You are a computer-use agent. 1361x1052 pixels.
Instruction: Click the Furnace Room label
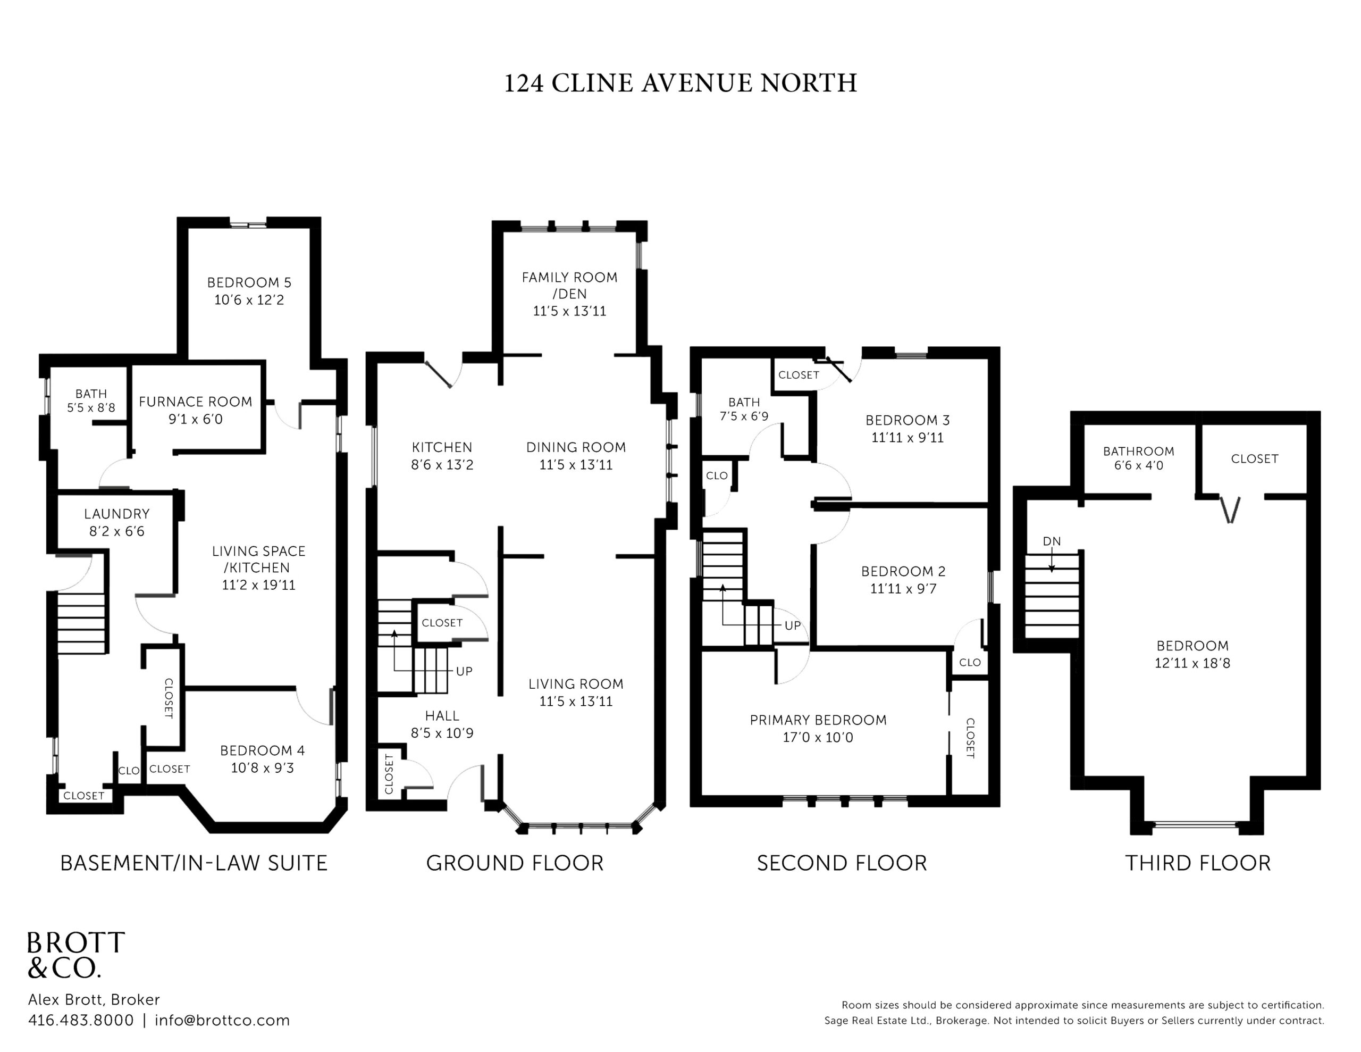195,402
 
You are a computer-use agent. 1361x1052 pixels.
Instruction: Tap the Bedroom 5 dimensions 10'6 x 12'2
249,300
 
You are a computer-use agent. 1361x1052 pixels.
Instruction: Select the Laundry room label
117,514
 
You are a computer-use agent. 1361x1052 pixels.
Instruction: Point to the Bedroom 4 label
262,750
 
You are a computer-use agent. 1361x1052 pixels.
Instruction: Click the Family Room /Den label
569,286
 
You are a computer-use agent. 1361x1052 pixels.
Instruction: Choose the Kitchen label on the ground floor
442,447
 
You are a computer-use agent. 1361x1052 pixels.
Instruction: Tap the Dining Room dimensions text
576,465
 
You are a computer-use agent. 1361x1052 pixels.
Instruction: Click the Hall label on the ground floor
442,716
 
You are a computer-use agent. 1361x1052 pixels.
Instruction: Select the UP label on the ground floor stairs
464,671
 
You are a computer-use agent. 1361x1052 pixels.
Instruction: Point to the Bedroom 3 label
908,420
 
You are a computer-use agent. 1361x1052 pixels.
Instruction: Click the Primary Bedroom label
818,720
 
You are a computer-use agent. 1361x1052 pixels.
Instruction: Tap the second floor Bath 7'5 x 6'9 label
744,409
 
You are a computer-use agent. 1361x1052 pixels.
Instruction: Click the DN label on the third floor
1052,541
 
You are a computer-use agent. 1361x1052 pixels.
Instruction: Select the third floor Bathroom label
1139,452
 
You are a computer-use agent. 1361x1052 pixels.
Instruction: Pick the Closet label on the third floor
1255,459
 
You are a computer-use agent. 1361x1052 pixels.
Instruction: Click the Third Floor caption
1198,863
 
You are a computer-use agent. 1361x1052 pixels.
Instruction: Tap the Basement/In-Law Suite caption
194,863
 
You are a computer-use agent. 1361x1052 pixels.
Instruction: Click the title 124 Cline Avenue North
680,83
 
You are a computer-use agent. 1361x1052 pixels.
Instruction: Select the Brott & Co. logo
76,955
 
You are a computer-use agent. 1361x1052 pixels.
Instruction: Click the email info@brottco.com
222,1021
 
